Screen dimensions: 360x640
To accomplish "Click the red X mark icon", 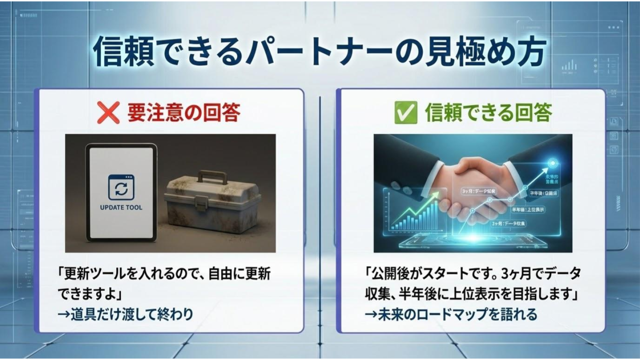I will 108,113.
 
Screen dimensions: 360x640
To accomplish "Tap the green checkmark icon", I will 405,113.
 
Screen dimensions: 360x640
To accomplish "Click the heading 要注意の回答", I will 184,112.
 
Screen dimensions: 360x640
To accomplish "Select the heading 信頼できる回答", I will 488,112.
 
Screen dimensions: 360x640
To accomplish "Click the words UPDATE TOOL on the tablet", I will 121,207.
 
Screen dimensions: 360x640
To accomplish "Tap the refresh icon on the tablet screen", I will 121,188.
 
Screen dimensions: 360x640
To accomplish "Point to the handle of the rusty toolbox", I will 213,177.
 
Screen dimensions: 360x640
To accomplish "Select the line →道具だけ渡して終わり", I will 125,314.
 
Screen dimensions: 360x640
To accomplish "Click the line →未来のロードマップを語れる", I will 451,314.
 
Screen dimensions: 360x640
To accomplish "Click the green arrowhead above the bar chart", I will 435,195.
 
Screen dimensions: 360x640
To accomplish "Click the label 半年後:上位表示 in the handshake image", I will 528,209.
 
